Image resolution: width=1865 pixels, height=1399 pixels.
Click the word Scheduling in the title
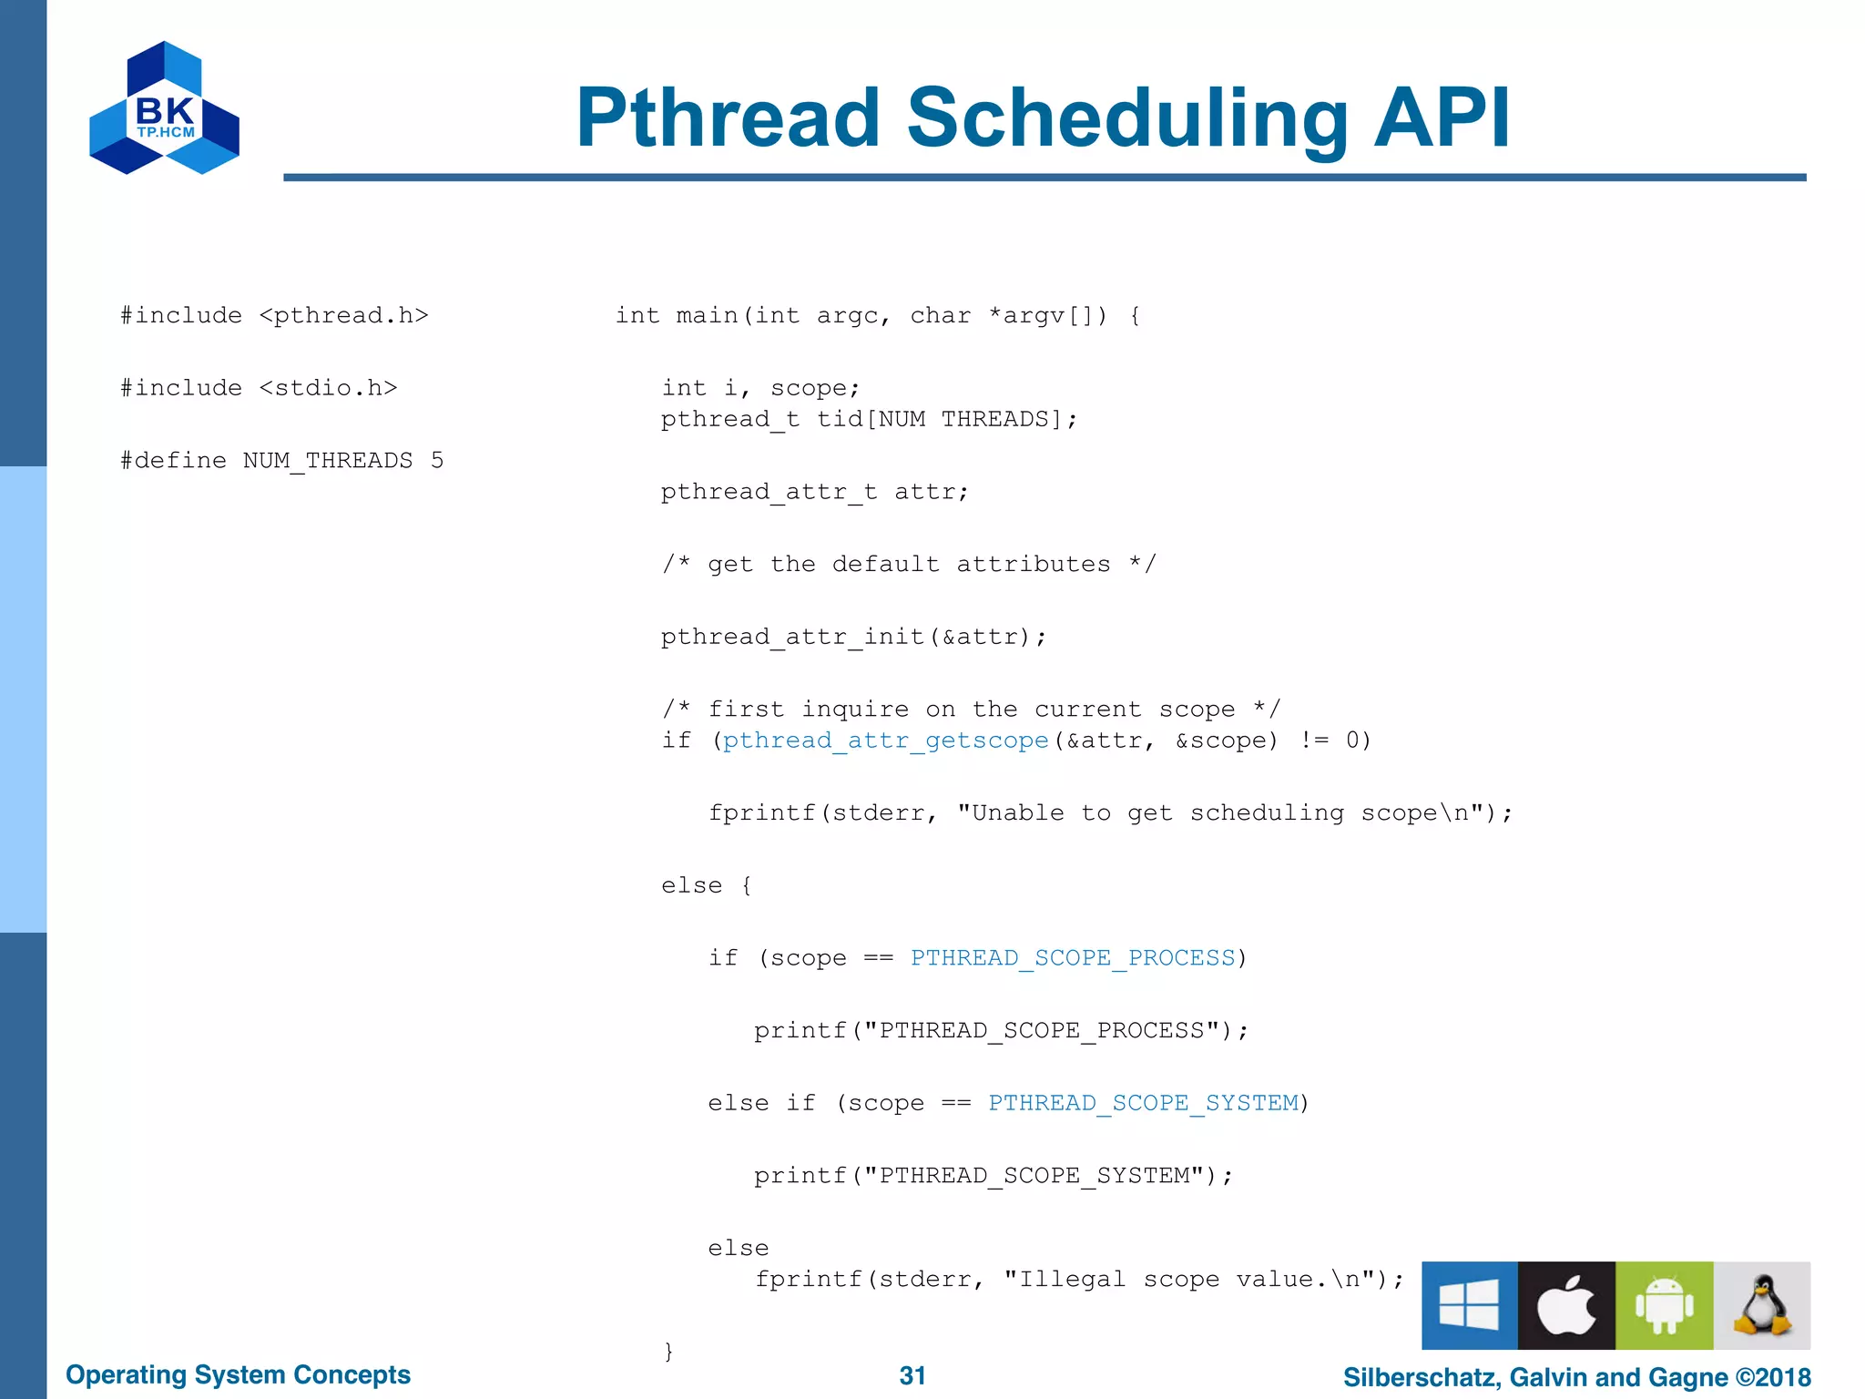click(1127, 118)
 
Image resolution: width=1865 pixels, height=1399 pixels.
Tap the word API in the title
click(1442, 118)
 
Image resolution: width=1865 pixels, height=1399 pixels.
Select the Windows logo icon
click(1469, 1305)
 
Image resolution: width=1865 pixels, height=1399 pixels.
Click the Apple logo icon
click(1566, 1305)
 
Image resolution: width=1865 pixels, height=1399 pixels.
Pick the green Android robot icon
click(1664, 1305)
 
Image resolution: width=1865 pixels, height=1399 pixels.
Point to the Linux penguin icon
click(1761, 1305)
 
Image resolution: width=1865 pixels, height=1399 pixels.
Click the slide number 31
click(912, 1375)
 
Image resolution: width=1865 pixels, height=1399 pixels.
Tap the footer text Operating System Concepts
click(238, 1374)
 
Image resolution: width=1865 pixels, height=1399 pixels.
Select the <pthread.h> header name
click(343, 315)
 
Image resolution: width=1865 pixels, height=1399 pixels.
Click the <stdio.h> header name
click(328, 388)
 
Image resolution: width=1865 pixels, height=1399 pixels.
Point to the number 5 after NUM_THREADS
click(437, 461)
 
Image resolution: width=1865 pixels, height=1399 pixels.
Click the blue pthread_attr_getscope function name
click(885, 740)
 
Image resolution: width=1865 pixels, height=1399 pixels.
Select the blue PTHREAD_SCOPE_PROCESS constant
click(1073, 958)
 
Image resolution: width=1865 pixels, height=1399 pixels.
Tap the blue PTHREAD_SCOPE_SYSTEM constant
click(1143, 1103)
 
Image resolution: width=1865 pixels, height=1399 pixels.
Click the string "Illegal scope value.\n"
click(1195, 1280)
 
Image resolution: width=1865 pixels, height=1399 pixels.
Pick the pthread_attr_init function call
click(793, 637)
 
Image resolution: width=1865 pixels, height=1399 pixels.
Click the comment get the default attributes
click(909, 565)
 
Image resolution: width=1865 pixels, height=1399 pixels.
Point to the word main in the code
click(707, 316)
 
